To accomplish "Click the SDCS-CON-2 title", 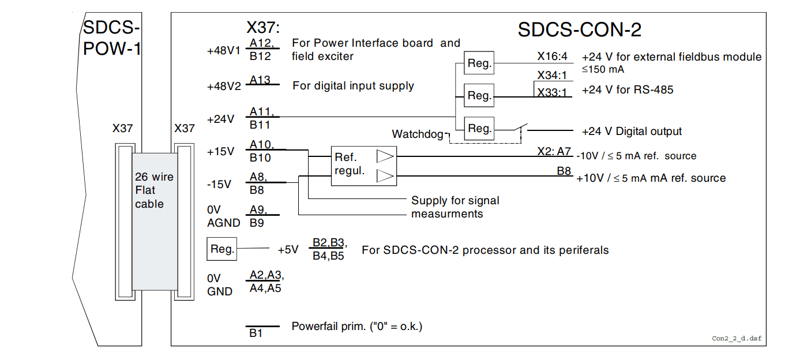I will [x=579, y=29].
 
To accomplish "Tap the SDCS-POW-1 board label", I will [x=111, y=38].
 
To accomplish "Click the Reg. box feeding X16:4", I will [x=479, y=63].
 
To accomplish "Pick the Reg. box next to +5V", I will [x=222, y=249].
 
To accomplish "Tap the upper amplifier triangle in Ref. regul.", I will [x=385, y=156].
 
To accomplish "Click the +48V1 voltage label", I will [x=223, y=51].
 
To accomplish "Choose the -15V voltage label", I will [x=219, y=185].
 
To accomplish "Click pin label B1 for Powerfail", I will [x=256, y=333].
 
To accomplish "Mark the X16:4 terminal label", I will [x=552, y=57].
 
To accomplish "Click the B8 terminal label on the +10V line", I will [x=564, y=171].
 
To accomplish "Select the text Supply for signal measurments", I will [x=455, y=207].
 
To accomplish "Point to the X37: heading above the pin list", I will [x=263, y=28].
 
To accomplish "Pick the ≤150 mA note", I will [x=603, y=69].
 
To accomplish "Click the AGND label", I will [x=220, y=222].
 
